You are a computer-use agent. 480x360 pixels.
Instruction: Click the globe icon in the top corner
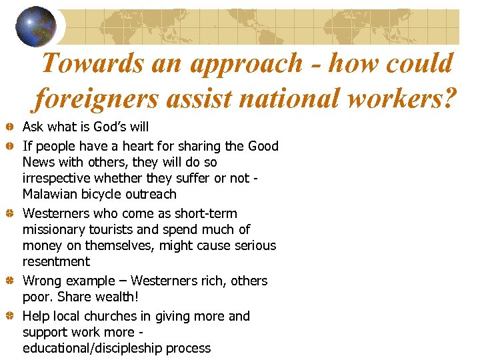tap(36, 27)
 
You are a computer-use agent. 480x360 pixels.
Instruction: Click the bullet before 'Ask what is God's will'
tap(11, 127)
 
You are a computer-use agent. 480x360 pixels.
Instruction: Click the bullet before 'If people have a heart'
tap(11, 146)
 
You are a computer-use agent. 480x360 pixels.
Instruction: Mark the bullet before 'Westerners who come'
tap(11, 214)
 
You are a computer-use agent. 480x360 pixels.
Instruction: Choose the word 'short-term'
tap(205, 213)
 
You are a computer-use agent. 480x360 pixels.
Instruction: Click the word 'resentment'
tap(56, 261)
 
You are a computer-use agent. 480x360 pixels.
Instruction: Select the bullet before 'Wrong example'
tap(11, 281)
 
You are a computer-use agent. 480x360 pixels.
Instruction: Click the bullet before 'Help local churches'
tap(11, 317)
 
